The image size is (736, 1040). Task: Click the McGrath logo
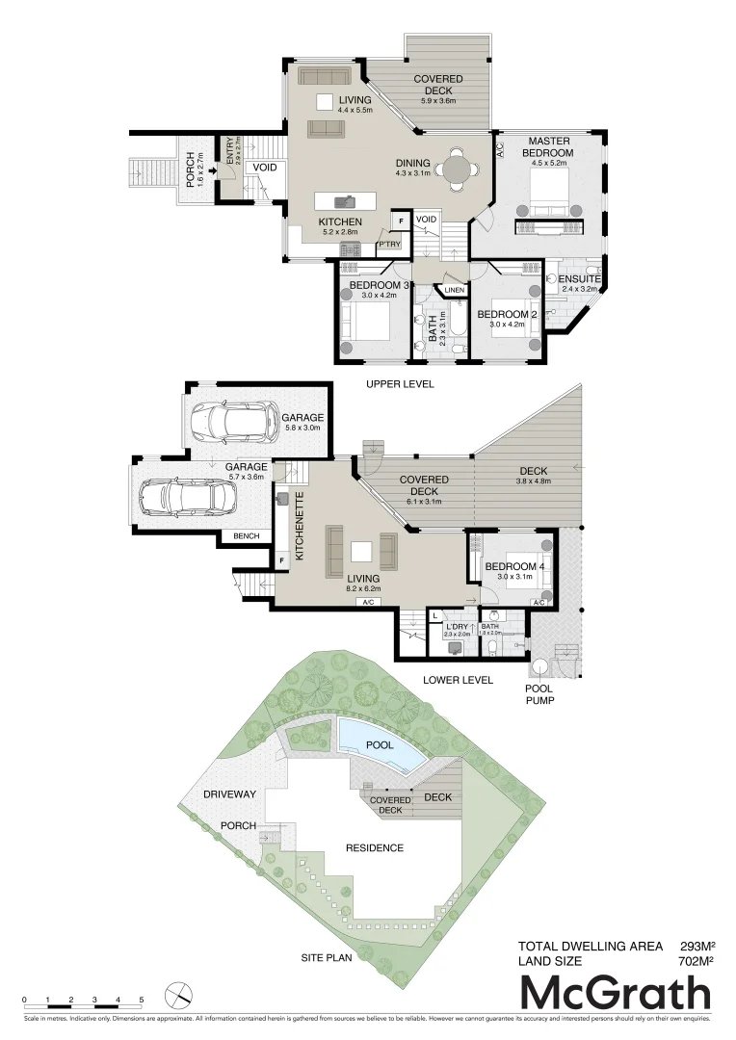pyautogui.click(x=616, y=993)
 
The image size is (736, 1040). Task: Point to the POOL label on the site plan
pyautogui.click(x=377, y=745)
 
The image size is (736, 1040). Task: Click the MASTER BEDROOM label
pyautogui.click(x=547, y=146)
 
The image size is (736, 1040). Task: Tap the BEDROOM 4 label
pyautogui.click(x=511, y=566)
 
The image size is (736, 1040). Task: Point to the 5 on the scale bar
pyautogui.click(x=141, y=1001)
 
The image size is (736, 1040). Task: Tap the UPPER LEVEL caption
pyautogui.click(x=399, y=384)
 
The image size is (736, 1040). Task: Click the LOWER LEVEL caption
pyautogui.click(x=458, y=680)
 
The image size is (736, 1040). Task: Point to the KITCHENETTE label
pyautogui.click(x=300, y=530)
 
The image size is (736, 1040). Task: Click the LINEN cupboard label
pyautogui.click(x=454, y=290)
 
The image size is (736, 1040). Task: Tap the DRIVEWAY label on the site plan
pyautogui.click(x=229, y=794)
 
